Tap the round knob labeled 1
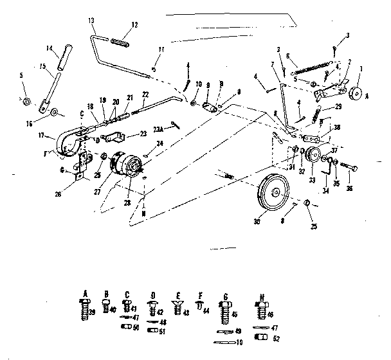(356, 93)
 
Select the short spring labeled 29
(317, 115)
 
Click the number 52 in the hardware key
(276, 338)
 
